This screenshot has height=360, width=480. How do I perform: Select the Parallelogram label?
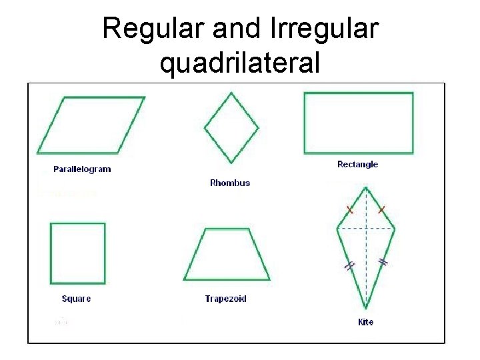point(82,169)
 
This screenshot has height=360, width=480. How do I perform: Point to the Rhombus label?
point(230,183)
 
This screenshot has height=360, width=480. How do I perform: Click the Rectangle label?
point(357,164)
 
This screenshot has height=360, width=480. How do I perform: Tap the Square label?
point(76,299)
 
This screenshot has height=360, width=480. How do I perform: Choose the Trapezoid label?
point(225,299)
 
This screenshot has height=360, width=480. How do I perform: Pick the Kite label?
point(365,322)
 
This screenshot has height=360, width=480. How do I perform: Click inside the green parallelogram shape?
point(91,125)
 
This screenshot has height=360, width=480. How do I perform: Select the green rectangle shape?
point(358,123)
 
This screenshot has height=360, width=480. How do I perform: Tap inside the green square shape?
point(78,253)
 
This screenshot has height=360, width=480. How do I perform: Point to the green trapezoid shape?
point(227,257)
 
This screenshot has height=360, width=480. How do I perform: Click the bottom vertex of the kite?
point(366,308)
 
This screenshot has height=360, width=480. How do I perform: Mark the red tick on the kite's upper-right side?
point(381,210)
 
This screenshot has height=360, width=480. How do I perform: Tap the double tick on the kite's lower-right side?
point(383,262)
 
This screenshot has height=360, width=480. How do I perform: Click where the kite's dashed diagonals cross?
point(366,228)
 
